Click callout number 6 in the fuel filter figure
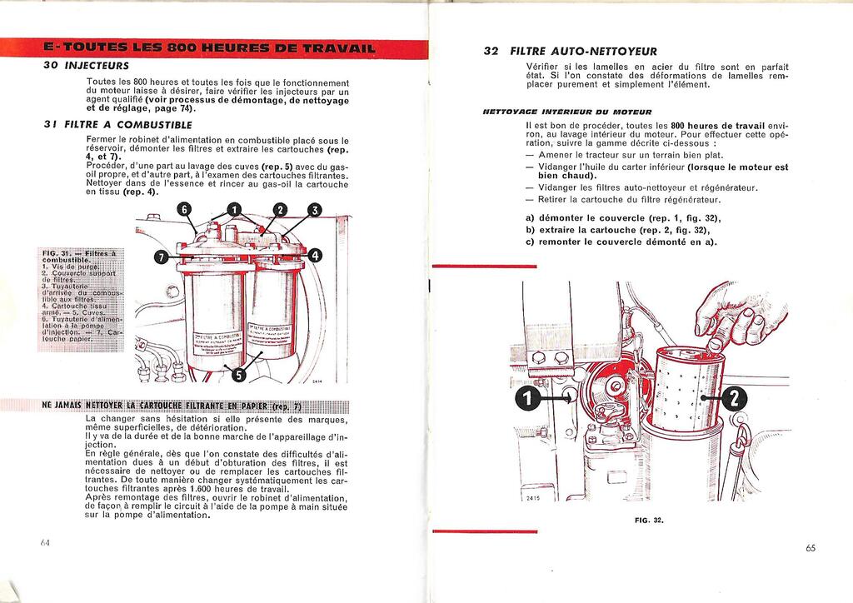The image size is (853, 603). (x=184, y=209)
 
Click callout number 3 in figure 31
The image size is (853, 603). (x=314, y=210)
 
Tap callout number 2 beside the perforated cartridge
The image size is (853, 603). (x=733, y=400)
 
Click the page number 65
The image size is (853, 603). (x=811, y=547)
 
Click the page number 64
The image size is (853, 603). (x=45, y=542)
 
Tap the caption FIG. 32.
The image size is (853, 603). (x=648, y=521)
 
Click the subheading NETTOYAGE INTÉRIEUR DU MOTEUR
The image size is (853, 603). (x=566, y=111)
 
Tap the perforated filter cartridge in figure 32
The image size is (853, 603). (x=684, y=387)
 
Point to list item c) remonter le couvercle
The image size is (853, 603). (x=621, y=242)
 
